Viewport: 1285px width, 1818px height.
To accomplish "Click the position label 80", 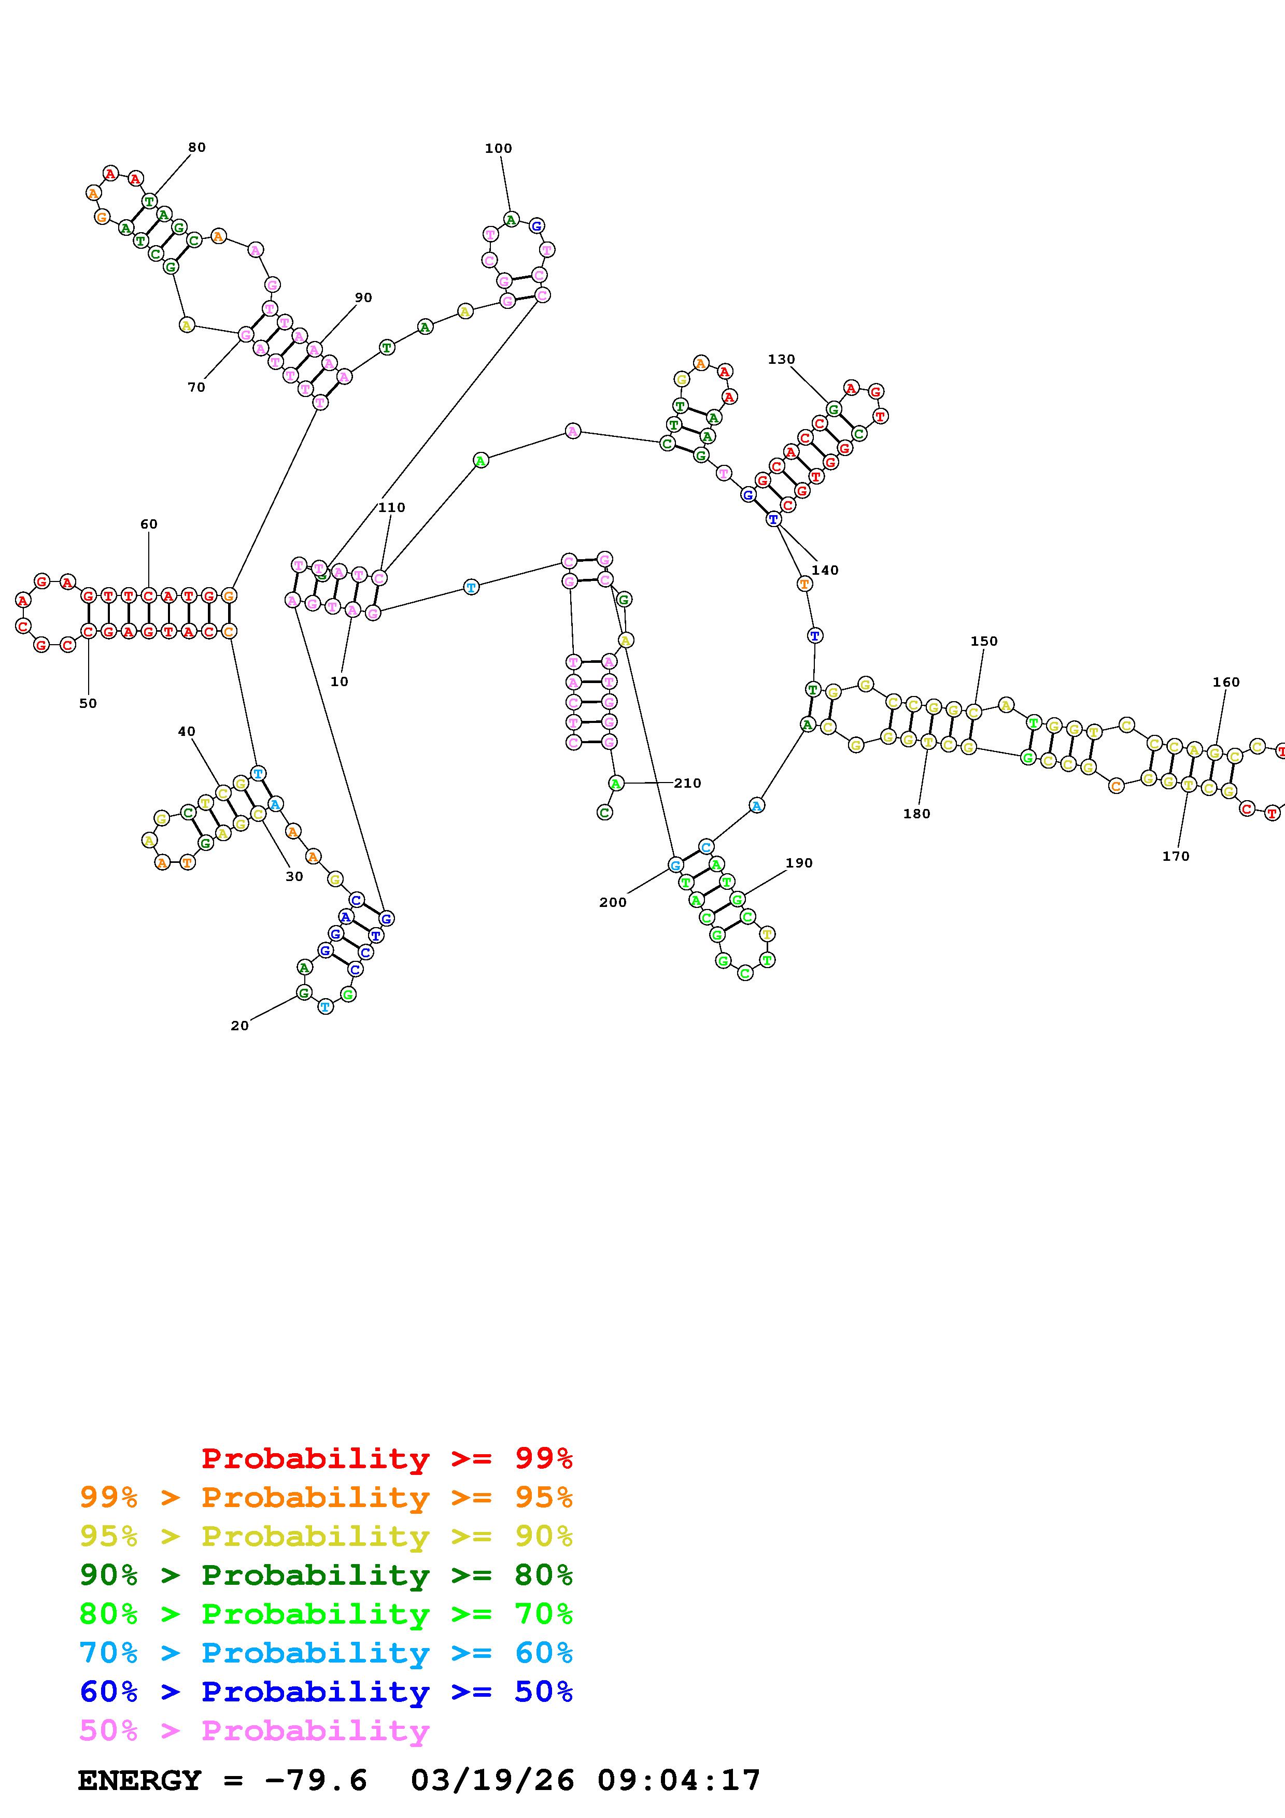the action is pos(196,147).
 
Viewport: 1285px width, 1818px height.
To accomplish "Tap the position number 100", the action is pos(498,148).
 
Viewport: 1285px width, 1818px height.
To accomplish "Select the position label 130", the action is pos(781,360).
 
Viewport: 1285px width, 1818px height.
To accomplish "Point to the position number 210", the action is pos(687,783).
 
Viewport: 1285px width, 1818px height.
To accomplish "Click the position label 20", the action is pos(239,1026).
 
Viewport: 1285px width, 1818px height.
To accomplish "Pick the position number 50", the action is pos(88,703).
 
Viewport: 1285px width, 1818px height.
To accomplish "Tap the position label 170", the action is pos(1176,856).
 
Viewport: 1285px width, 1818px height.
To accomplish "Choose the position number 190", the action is pos(799,863).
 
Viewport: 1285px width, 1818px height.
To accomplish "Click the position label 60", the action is pos(149,524).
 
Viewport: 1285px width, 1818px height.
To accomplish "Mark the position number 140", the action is pos(824,570).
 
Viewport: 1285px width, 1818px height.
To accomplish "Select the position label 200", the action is pos(613,902).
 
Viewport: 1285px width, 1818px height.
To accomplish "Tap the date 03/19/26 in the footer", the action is pos(492,1781).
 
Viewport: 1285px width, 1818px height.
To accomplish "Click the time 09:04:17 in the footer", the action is pos(679,1781).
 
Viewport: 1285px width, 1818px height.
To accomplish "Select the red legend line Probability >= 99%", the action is pos(387,1458).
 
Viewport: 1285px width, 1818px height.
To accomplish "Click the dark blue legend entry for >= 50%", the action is pos(326,1692).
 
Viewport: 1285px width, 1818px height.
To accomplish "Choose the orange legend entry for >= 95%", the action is pos(326,1497).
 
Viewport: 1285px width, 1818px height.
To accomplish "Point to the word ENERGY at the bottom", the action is pos(139,1781).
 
